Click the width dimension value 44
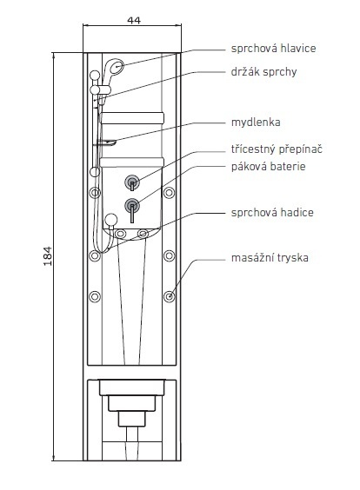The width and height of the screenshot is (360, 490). (134, 20)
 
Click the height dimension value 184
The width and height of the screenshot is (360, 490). (48, 256)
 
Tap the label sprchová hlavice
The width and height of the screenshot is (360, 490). (273, 48)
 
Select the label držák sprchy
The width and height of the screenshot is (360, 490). (263, 71)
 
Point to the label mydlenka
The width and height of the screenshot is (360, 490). (256, 122)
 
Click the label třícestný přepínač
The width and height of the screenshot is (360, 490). (277, 149)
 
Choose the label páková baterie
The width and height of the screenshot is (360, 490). (268, 166)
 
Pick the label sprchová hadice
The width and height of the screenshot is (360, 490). (272, 213)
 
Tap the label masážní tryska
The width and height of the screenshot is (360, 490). (270, 258)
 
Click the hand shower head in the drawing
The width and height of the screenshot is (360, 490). (114, 68)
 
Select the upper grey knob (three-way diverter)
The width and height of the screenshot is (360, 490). (132, 182)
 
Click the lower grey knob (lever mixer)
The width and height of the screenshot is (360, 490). (132, 206)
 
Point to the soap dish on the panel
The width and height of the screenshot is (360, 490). (106, 142)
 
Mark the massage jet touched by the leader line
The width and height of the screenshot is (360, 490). (170, 296)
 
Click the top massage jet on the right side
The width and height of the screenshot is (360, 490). (170, 193)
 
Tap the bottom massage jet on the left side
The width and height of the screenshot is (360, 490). (95, 296)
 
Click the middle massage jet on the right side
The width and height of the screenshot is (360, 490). (170, 255)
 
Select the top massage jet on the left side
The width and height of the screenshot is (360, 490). (95, 193)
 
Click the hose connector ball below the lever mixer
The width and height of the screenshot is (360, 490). (110, 220)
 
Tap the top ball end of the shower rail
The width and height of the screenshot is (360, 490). (95, 76)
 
